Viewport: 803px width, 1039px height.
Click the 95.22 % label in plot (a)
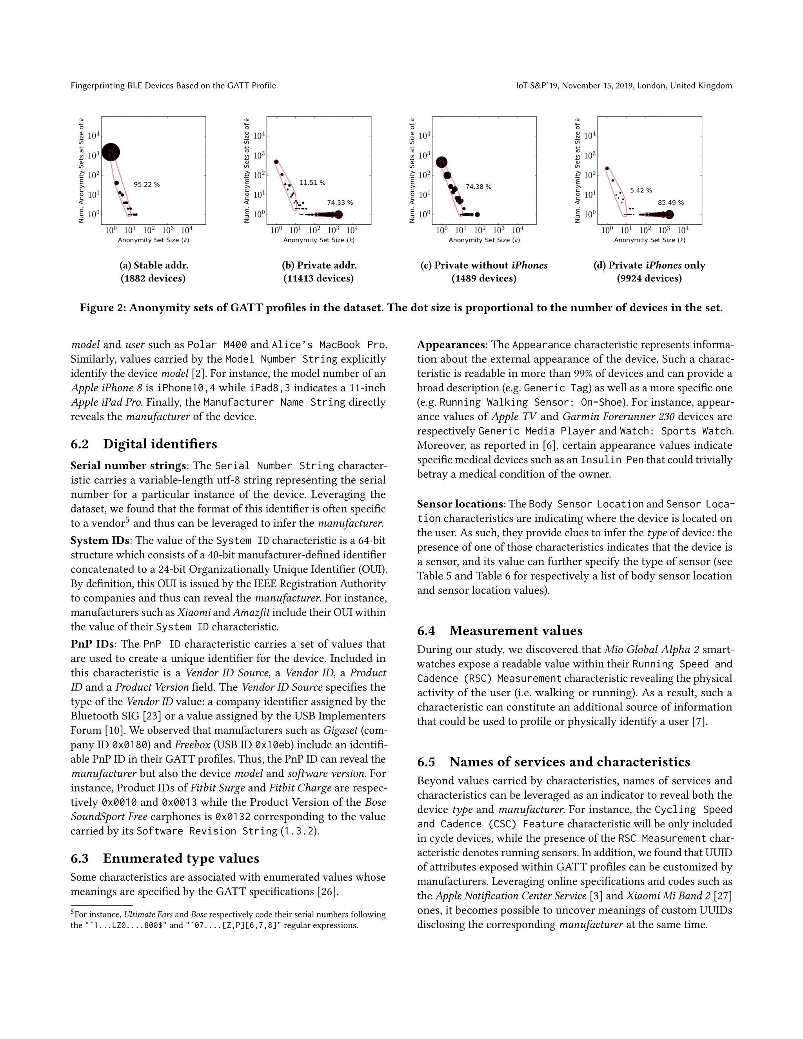coord(147,185)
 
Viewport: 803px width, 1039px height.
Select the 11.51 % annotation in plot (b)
coord(312,183)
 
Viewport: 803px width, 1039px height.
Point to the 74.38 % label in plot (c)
coord(478,187)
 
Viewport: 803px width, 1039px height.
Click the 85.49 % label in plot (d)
coord(671,203)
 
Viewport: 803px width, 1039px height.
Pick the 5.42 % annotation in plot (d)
coord(641,190)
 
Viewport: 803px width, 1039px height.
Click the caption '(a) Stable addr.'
coord(153,265)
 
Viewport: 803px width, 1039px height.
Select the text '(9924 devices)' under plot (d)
coord(649,278)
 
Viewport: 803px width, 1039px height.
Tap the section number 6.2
coord(80,444)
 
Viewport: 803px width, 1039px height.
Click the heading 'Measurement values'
coord(516,631)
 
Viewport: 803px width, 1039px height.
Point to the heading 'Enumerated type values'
coord(181,859)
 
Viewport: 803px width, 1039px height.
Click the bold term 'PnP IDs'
coord(92,644)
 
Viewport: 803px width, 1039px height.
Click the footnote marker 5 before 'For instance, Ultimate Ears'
coord(72,913)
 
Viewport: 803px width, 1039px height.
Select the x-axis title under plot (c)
coord(484,240)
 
